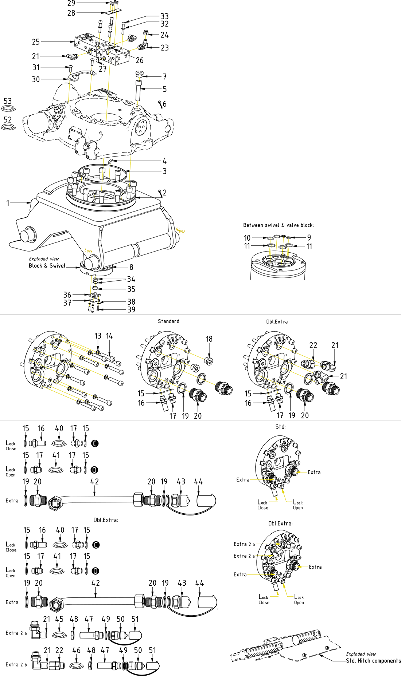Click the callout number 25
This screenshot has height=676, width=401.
tap(36, 42)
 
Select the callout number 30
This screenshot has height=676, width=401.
tap(36, 79)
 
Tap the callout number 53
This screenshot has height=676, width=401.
tap(8, 101)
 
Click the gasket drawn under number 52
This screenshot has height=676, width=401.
tap(8, 127)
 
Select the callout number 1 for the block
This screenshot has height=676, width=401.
tap(8, 203)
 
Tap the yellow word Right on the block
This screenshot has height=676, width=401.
tap(180, 230)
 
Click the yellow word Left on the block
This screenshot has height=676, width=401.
tap(89, 251)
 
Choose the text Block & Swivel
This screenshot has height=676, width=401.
tap(47, 266)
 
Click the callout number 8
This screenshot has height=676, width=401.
tap(131, 267)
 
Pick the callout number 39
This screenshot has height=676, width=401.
tap(131, 309)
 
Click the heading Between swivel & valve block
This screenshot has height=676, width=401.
tap(278, 225)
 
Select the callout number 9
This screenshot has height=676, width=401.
tap(309, 237)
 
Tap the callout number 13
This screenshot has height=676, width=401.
tap(98, 336)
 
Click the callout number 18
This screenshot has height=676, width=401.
tap(209, 339)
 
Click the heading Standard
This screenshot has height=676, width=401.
tap(168, 321)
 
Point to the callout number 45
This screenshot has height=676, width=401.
tap(59, 619)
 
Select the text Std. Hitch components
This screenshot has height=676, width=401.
tap(373, 661)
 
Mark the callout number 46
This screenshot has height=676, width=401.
tap(76, 650)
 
